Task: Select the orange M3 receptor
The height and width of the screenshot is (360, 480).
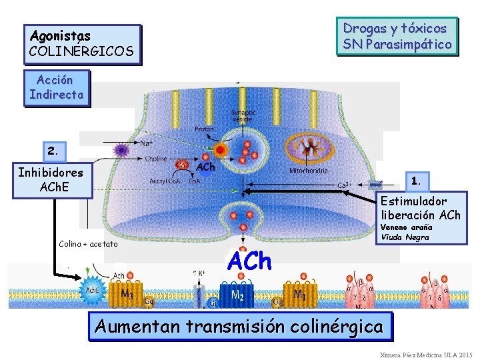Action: (x=125, y=294)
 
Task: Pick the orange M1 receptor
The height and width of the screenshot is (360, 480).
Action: (x=300, y=294)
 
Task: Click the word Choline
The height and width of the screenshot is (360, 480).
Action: (x=156, y=159)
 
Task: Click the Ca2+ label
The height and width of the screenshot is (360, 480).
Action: (x=345, y=185)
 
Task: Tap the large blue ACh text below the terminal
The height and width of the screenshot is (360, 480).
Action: (x=249, y=261)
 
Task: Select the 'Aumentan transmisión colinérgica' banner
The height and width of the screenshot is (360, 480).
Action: (x=239, y=327)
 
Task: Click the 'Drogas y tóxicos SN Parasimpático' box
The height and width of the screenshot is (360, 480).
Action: (x=397, y=37)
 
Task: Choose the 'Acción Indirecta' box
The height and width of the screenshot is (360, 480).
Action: (x=56, y=87)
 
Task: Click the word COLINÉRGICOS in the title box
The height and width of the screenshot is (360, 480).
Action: (x=81, y=51)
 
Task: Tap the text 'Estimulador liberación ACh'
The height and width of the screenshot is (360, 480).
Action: (x=420, y=208)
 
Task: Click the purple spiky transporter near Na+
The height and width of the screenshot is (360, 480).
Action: (x=121, y=150)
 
